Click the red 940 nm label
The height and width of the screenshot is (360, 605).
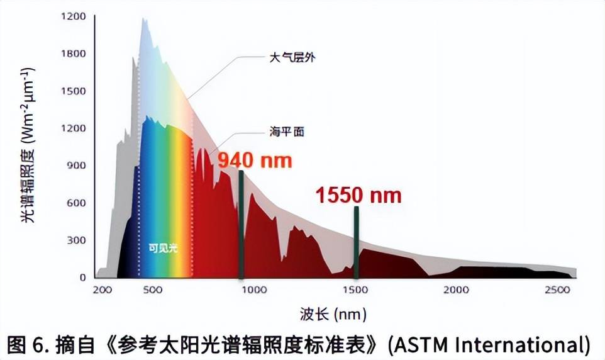(x=255, y=160)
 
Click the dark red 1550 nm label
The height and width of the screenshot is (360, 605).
(x=358, y=195)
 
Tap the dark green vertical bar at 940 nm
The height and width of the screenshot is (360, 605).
(x=241, y=223)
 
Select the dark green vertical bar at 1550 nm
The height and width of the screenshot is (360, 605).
(x=356, y=242)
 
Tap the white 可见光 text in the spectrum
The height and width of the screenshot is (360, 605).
(x=163, y=248)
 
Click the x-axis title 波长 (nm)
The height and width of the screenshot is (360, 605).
(x=333, y=313)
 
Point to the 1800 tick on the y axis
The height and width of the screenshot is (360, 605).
(x=74, y=53)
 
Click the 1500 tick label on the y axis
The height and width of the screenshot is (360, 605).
(x=74, y=91)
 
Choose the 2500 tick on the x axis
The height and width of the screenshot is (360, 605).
(x=558, y=290)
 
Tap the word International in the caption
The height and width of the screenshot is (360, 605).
(x=517, y=344)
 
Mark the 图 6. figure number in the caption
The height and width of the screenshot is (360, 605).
(x=31, y=344)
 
